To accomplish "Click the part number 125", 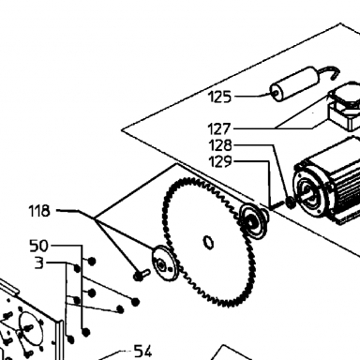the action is [220, 97].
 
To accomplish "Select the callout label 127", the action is [219, 128].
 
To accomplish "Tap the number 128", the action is [220, 145].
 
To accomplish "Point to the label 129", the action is [220, 161].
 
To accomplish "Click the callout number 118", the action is [39, 211].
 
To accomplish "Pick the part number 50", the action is [39, 246].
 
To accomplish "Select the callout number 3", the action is [39, 263].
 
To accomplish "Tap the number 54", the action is [142, 352].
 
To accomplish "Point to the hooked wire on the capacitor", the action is [331, 72].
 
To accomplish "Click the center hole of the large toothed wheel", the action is [208, 242].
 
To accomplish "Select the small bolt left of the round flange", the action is [142, 275].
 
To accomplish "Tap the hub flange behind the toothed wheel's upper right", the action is [254, 220].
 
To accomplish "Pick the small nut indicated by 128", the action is [291, 202].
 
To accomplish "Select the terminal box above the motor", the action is [344, 106].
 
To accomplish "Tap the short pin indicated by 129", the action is [276, 205].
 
